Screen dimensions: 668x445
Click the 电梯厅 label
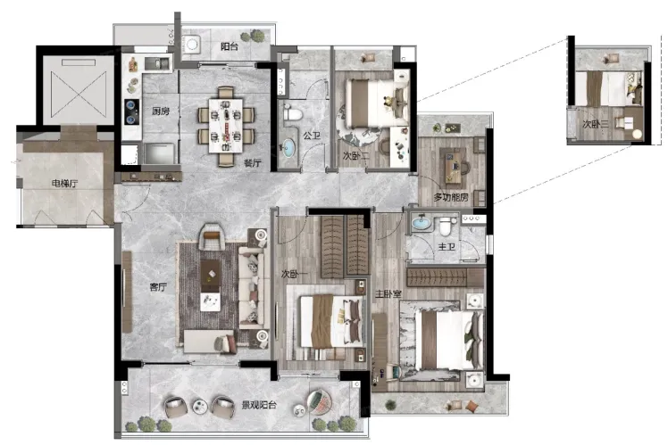click(x=65, y=184)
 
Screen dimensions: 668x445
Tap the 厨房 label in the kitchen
click(x=161, y=111)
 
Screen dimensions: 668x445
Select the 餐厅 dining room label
click(x=253, y=162)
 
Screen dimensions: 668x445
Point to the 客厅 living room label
click(x=158, y=287)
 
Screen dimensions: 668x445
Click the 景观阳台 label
click(x=259, y=405)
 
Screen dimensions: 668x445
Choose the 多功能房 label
click(x=451, y=197)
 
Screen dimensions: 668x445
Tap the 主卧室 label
click(x=388, y=293)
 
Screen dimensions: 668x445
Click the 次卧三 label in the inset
click(x=596, y=124)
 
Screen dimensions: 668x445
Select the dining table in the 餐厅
click(x=225, y=126)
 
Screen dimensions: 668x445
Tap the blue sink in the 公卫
click(x=288, y=147)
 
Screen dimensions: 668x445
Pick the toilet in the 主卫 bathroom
click(x=445, y=226)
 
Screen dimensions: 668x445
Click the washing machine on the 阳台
click(x=192, y=45)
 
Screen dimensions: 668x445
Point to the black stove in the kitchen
click(x=132, y=111)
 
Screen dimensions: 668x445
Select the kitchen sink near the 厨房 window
click(x=157, y=63)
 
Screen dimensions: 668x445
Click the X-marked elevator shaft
click(x=79, y=95)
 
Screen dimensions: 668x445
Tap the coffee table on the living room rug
click(x=211, y=276)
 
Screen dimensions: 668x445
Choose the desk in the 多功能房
click(x=453, y=166)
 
